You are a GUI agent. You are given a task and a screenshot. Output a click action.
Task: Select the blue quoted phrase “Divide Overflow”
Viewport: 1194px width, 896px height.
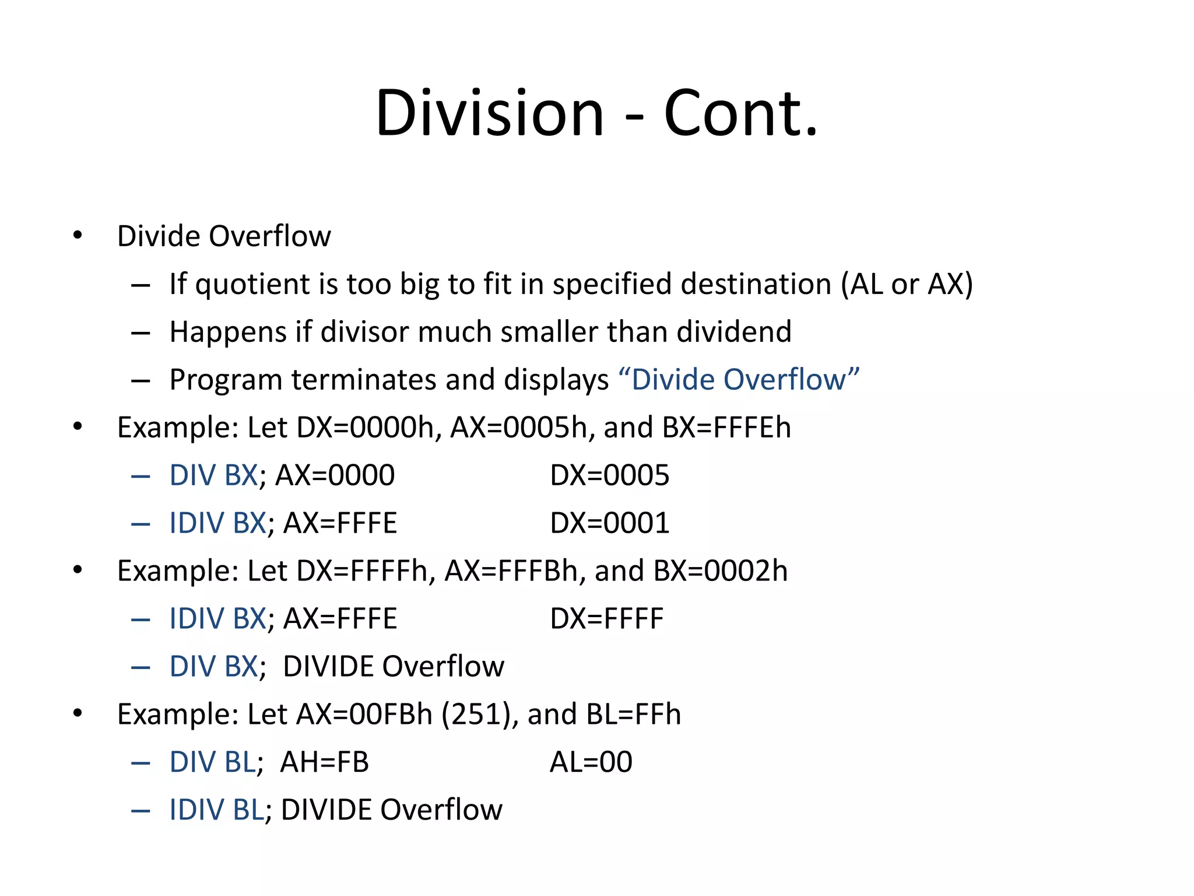coord(739,380)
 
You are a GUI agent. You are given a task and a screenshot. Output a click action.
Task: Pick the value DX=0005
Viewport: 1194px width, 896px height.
coord(609,475)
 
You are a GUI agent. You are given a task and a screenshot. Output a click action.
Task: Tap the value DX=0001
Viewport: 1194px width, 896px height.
coord(609,523)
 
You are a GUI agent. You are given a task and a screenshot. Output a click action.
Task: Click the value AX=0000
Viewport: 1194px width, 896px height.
coord(335,475)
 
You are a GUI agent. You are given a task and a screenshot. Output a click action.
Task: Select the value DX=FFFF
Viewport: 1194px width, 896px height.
coord(606,619)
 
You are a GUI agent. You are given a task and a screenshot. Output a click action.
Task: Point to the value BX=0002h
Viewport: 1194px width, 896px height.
coord(721,571)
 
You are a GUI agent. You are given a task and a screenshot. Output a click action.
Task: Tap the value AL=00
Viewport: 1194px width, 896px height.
coord(591,762)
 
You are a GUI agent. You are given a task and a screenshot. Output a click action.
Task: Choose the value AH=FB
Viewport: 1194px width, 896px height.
coord(324,762)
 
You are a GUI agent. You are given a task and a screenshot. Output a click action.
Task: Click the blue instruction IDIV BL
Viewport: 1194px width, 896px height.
coord(216,810)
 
